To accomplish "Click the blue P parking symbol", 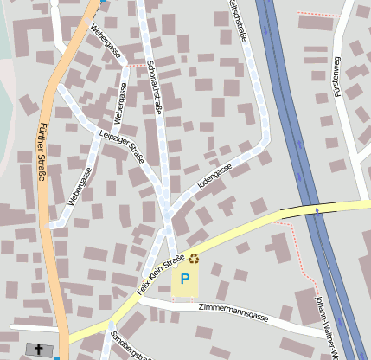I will (x=185, y=280).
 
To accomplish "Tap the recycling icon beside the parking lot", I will (x=194, y=257).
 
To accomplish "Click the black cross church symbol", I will (x=38, y=349).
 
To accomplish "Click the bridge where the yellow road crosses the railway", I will (x=309, y=209).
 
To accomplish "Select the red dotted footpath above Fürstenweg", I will (x=318, y=15).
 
